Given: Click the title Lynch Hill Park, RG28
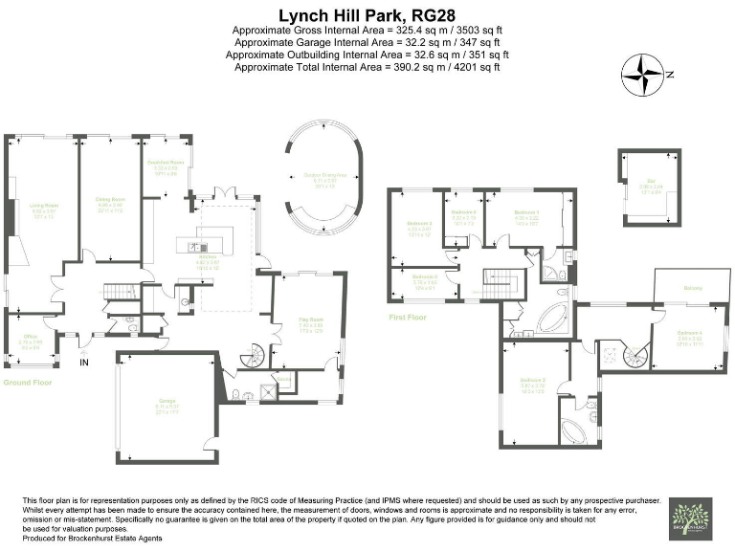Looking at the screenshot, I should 367,14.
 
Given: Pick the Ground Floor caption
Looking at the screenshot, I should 27,382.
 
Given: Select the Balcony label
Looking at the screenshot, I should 691,286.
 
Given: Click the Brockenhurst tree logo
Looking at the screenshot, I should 690,518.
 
